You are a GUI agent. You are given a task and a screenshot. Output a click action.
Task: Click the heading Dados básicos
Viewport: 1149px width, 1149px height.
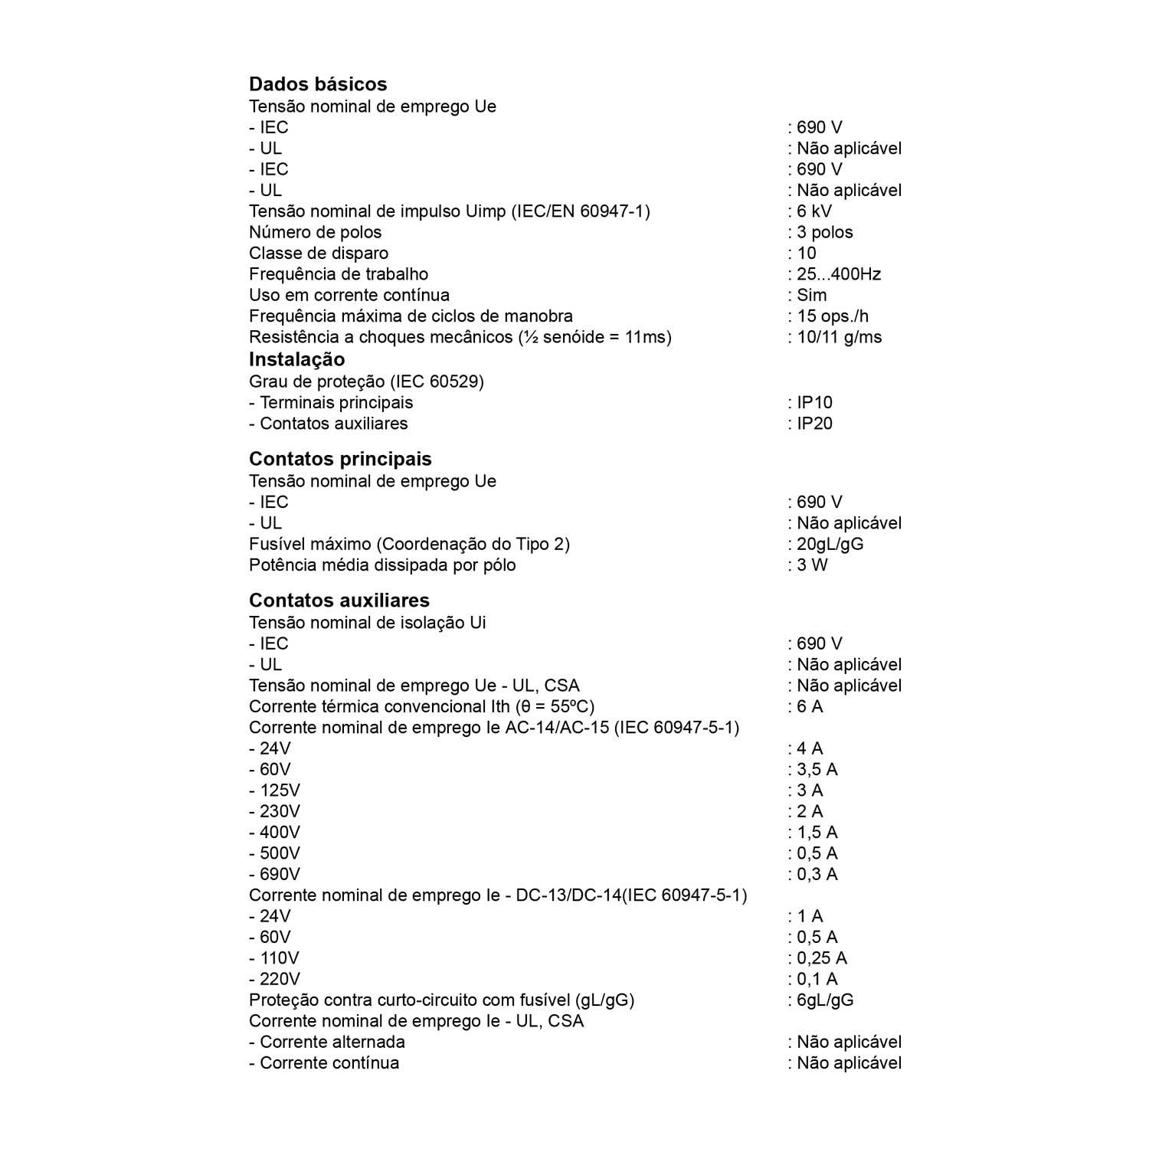coord(318,84)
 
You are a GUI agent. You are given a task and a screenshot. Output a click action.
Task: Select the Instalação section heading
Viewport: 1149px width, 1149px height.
coord(296,359)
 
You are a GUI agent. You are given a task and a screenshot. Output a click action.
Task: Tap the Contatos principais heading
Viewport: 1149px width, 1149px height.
coord(340,459)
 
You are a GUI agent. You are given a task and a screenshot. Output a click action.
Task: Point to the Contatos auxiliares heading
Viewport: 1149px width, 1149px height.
coord(339,601)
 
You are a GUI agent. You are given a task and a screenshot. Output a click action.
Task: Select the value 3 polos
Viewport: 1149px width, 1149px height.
coord(824,232)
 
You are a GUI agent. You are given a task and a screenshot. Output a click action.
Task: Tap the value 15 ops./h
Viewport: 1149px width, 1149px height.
coord(833,316)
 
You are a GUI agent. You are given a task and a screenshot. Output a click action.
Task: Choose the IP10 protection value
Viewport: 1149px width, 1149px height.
coord(814,403)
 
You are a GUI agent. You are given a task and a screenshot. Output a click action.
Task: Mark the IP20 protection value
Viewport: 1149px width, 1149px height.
coord(814,424)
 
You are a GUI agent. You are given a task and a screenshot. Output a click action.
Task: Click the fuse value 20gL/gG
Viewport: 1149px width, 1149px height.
coord(830,545)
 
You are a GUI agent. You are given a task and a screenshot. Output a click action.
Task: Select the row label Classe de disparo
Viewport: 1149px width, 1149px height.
coord(319,254)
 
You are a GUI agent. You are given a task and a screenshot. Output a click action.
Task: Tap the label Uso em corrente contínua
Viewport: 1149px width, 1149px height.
coord(349,296)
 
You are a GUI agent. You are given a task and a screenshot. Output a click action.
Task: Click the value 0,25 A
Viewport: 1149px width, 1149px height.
coord(821,958)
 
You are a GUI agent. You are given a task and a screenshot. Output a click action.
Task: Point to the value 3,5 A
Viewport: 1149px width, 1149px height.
coord(817,770)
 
